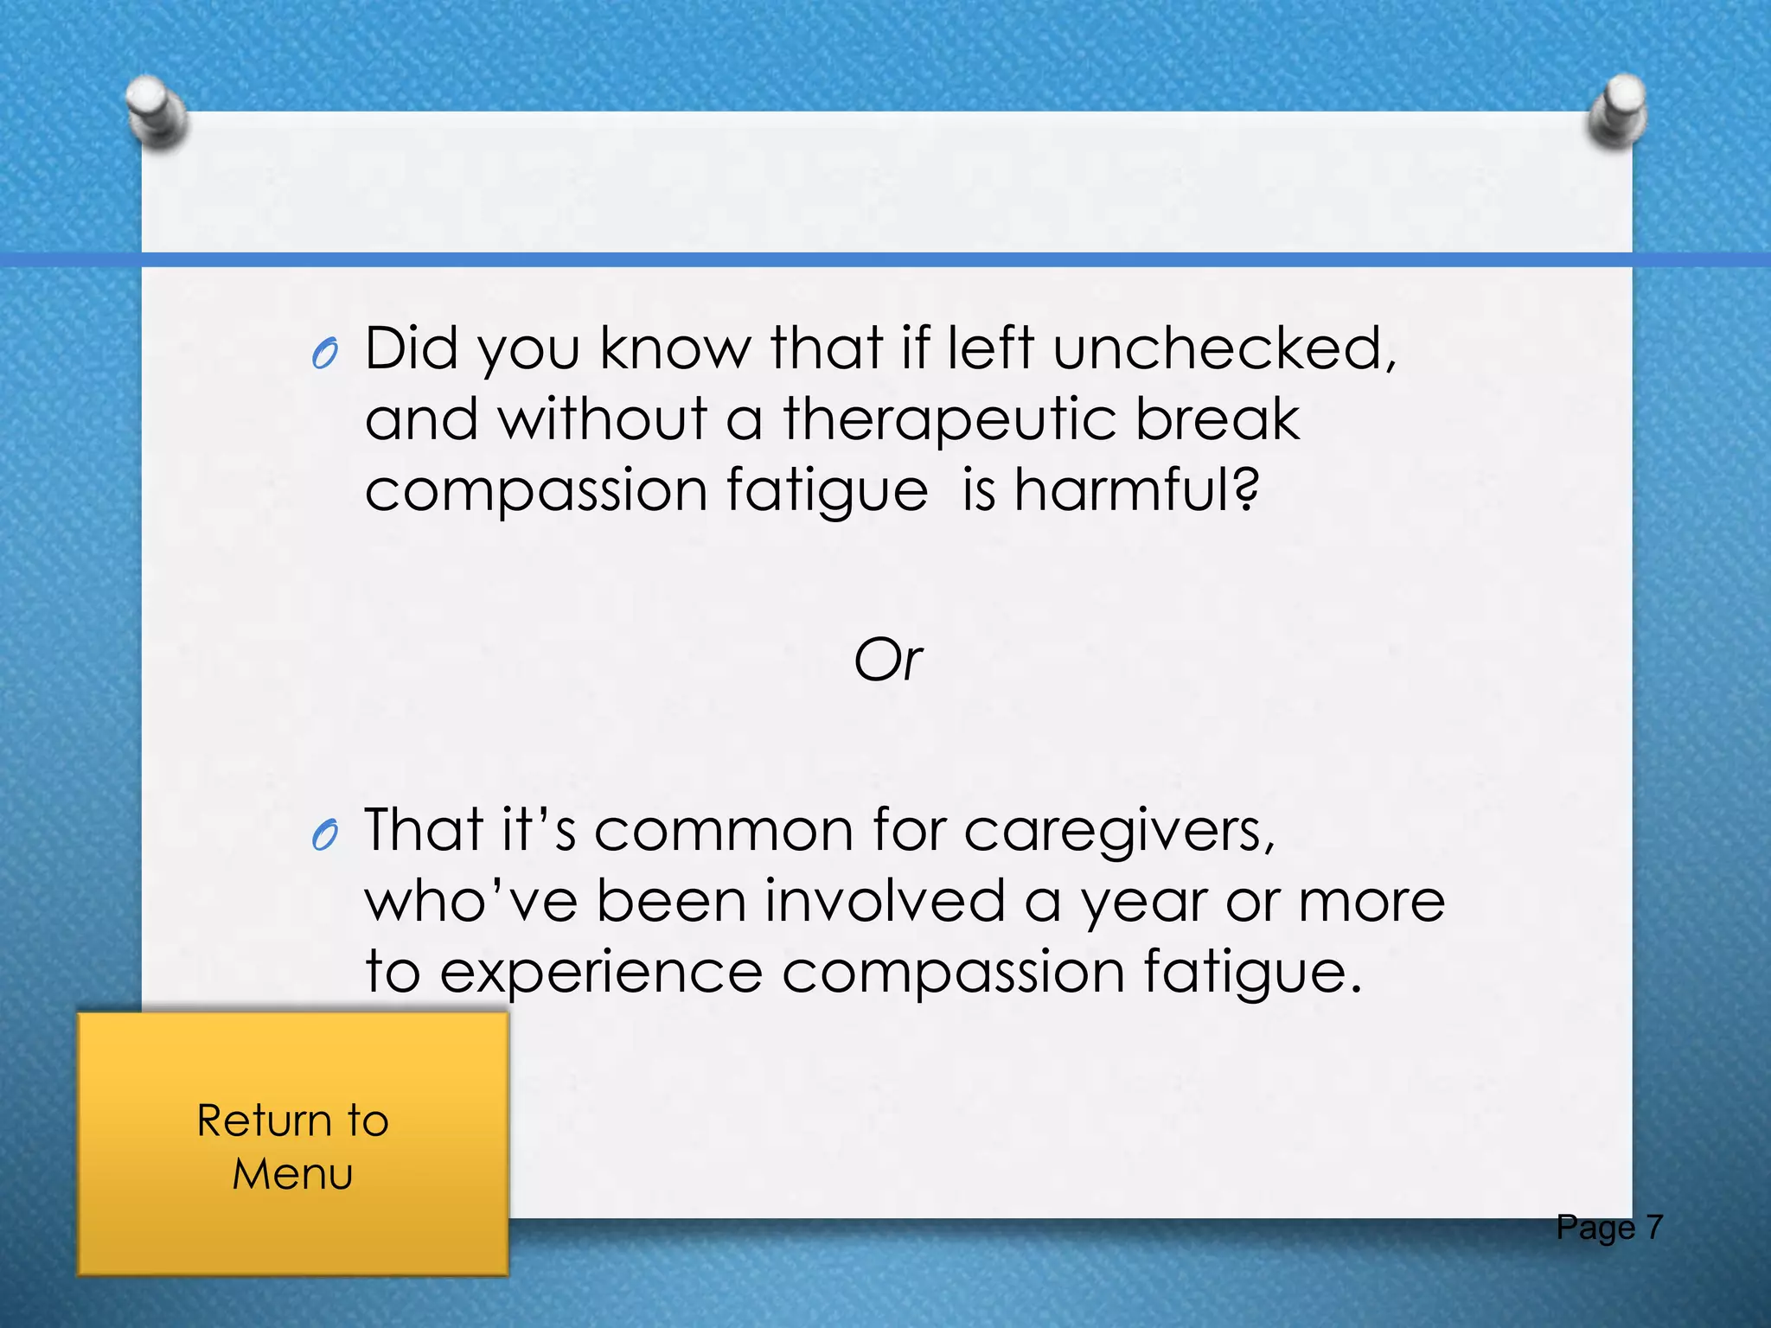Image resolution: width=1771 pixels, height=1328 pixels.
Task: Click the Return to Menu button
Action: (292, 1145)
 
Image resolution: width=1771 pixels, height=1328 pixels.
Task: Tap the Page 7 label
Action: (1609, 1228)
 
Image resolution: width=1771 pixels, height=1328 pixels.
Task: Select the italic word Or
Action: (888, 661)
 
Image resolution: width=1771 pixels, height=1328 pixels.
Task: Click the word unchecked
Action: (1224, 349)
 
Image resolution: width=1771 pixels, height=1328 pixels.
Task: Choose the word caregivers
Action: (1119, 832)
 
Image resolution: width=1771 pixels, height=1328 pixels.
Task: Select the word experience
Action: (602, 974)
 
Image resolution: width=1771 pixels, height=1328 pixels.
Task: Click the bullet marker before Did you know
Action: (324, 354)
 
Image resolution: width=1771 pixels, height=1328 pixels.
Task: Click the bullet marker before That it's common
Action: (324, 836)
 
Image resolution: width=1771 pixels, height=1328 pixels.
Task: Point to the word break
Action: (1217, 420)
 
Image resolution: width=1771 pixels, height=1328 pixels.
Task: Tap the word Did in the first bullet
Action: (412, 349)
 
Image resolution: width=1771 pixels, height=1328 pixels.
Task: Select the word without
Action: (603, 420)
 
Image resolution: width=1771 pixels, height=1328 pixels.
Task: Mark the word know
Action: (675, 349)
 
